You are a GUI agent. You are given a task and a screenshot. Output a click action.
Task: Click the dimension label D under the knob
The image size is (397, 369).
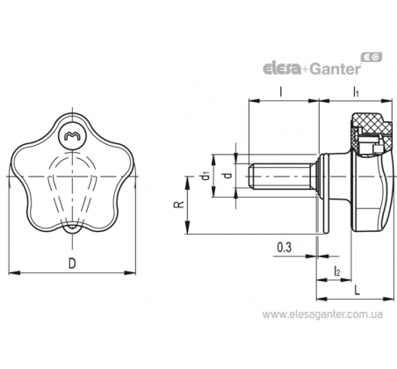(x=72, y=264)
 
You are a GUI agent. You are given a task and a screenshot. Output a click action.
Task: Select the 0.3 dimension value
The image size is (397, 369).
(x=285, y=248)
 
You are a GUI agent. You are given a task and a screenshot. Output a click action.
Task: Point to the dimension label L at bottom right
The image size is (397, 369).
(x=357, y=290)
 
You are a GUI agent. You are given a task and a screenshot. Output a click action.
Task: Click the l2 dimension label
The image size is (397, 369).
(x=337, y=271)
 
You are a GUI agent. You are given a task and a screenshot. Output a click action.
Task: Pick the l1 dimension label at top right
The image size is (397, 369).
(x=356, y=92)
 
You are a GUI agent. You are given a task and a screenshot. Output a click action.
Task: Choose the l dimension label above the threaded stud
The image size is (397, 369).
(x=281, y=91)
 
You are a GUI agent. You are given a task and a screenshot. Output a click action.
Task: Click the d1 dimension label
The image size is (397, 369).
(x=206, y=176)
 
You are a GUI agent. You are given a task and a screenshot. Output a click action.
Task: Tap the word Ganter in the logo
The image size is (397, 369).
(x=335, y=69)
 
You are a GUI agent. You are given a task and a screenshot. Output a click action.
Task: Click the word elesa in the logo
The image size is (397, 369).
(x=282, y=69)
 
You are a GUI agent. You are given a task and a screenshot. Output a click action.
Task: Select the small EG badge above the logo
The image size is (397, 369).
(x=372, y=57)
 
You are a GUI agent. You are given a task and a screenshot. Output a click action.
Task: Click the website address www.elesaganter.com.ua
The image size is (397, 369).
(x=322, y=315)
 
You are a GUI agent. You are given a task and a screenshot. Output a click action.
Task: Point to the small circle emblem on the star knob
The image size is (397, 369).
(x=72, y=135)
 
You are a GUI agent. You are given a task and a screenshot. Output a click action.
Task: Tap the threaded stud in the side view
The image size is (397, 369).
(x=280, y=177)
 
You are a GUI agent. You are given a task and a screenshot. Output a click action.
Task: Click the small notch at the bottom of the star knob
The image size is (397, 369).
(x=72, y=228)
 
